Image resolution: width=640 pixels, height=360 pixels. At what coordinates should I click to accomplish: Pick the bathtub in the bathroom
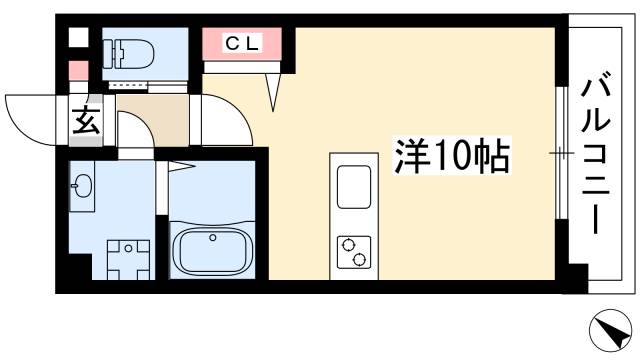[212, 250]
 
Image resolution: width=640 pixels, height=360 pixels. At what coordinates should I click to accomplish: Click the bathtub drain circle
[212, 237]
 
